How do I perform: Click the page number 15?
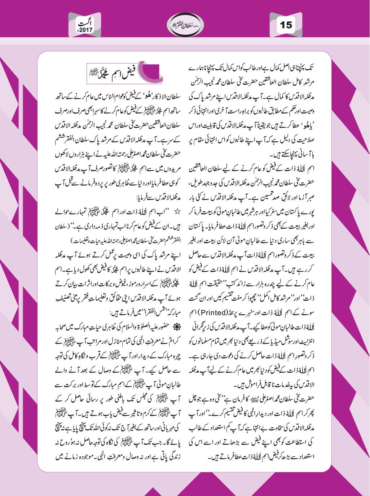286,25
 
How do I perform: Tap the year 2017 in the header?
85,30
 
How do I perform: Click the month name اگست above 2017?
87,23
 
